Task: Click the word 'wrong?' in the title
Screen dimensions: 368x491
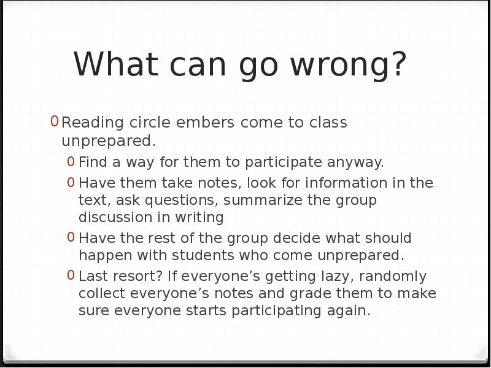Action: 349,64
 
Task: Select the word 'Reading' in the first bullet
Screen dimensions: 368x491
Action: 93,123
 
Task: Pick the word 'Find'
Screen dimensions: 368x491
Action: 93,162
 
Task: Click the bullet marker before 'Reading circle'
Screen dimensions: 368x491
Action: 55,121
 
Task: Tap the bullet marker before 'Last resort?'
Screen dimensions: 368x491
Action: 72,275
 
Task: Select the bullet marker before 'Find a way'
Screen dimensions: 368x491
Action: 72,161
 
